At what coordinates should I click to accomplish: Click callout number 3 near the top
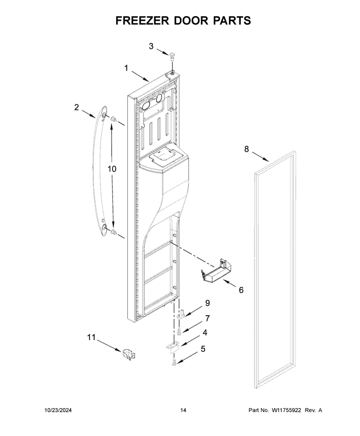point(151,46)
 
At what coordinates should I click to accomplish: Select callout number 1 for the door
point(126,68)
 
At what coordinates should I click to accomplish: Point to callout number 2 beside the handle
point(76,107)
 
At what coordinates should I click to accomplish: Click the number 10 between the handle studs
point(112,169)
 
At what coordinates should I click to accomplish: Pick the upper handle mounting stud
point(113,120)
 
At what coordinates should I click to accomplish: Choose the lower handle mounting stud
point(113,232)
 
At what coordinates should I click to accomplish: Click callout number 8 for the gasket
point(247,149)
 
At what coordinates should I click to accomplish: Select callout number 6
point(241,290)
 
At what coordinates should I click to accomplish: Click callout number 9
point(207,303)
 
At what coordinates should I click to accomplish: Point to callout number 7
point(207,318)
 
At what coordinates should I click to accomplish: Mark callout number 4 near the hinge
point(205,333)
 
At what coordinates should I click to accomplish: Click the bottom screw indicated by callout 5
point(174,362)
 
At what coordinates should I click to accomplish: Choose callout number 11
point(91,337)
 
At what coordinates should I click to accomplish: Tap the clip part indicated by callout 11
point(128,354)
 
